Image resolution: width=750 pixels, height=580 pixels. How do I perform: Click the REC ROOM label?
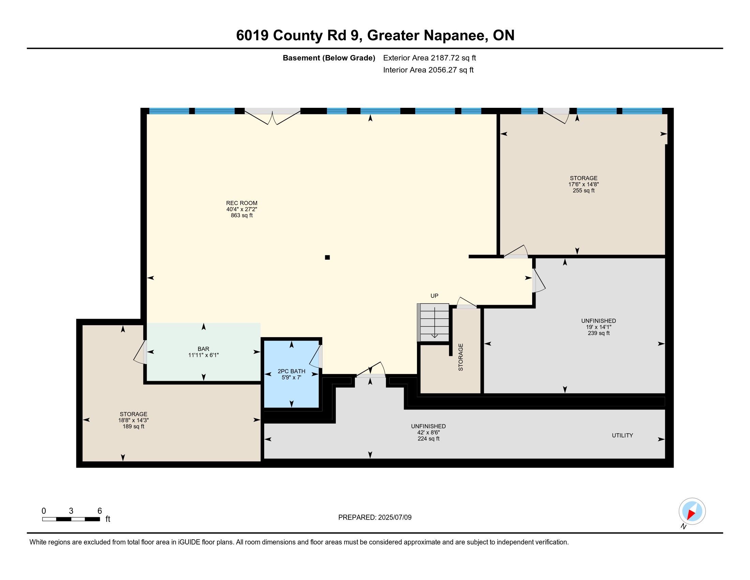pos(241,203)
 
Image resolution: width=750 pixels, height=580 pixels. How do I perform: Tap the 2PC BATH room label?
pos(291,371)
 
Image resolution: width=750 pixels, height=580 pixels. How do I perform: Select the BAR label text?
pos(203,349)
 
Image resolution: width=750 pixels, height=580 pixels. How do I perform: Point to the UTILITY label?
pos(622,435)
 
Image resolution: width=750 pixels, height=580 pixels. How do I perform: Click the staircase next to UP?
pos(433,322)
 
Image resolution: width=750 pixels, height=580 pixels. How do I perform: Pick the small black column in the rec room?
pos(327,257)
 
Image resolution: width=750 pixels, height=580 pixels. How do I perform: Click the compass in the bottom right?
pos(692,511)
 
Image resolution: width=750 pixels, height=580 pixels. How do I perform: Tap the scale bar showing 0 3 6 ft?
pos(71,519)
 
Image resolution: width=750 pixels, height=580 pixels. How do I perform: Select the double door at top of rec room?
pos(272,116)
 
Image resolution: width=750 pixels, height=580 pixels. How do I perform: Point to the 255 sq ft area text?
pos(583,190)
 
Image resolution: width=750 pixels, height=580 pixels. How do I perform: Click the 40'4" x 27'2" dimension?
pos(241,209)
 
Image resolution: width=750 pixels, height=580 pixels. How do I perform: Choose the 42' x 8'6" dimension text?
pos(428,433)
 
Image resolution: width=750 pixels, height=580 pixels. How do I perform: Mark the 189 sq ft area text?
pos(133,426)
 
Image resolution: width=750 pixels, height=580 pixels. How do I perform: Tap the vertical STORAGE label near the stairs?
pos(461,357)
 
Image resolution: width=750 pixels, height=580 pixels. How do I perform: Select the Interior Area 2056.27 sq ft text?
pos(428,70)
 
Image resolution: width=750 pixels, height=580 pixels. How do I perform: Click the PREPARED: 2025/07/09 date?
pos(375,518)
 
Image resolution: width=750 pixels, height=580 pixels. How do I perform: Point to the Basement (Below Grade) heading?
pos(329,58)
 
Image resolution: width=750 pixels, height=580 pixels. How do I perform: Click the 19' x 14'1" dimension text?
pos(599,327)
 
